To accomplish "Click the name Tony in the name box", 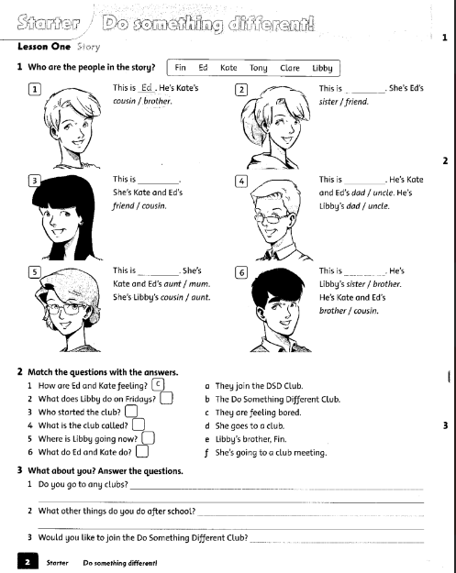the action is click(x=258, y=68).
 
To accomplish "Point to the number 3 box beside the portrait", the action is click(x=34, y=181).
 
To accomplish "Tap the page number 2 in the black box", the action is click(x=28, y=558).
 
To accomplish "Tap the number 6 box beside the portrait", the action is click(x=241, y=272).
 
